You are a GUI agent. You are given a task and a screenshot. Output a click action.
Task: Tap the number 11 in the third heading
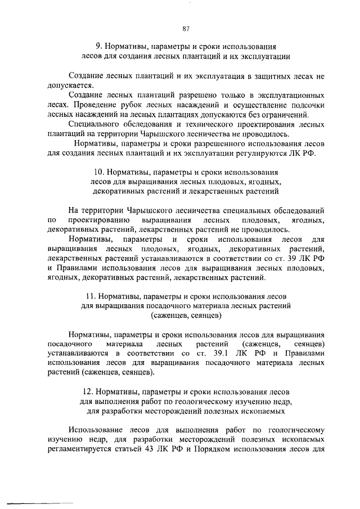[x=90, y=296]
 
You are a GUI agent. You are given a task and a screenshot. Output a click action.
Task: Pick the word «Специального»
[x=92, y=124]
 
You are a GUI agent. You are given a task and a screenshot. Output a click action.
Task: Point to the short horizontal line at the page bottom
[x=39, y=500]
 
